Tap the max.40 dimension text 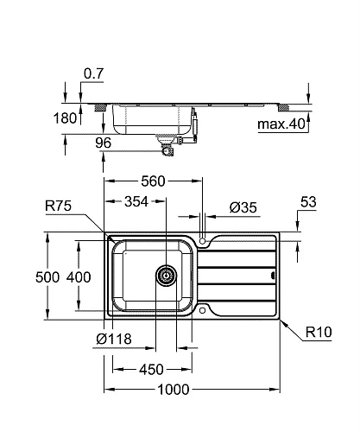tap(281, 125)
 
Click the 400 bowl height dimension tap(79, 277)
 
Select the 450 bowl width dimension tap(151, 370)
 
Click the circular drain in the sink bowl tap(164, 276)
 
